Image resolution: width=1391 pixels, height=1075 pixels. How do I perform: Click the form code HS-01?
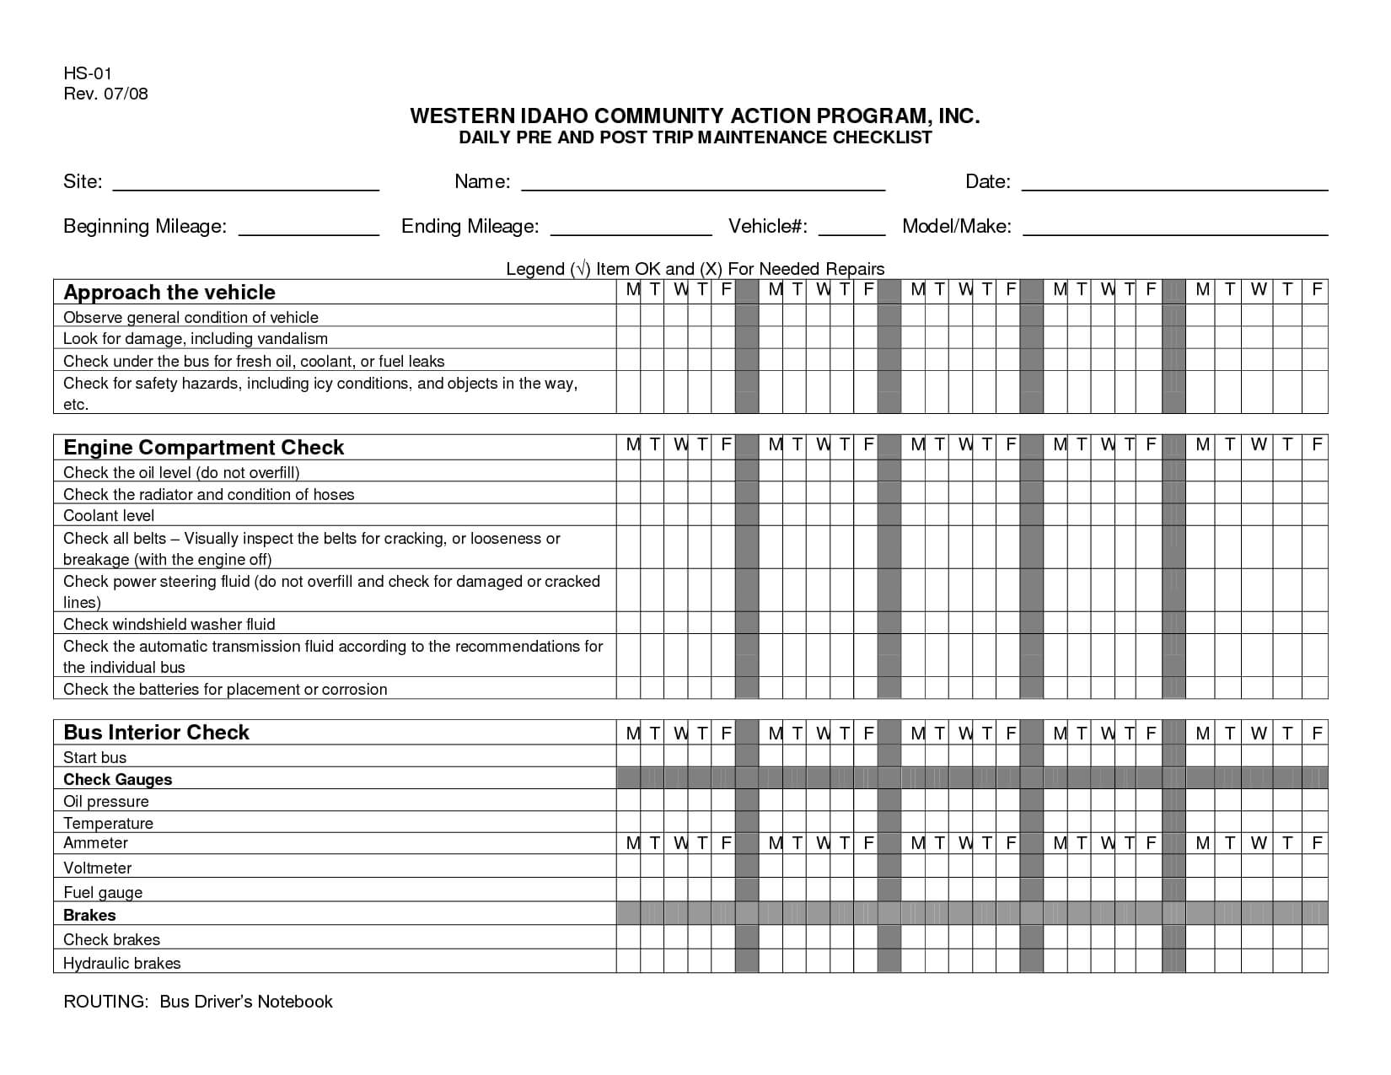88,73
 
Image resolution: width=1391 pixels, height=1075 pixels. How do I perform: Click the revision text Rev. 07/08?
105,94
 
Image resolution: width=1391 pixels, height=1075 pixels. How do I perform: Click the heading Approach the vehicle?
169,293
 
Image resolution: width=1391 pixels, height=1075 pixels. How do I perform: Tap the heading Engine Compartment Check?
204,448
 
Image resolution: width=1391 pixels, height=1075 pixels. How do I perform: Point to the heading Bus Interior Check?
157,733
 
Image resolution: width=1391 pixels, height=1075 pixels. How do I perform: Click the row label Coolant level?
109,516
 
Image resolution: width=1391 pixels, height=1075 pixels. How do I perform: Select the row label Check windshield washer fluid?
169,625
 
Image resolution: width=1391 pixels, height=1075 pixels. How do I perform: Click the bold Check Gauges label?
118,780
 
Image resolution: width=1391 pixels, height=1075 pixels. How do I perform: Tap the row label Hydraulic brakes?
122,963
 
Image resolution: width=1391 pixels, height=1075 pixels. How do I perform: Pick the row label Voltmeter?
98,868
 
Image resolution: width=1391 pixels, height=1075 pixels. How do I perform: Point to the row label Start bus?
95,758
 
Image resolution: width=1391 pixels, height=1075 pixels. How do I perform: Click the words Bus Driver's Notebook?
246,1002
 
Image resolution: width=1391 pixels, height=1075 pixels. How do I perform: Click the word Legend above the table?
535,269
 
